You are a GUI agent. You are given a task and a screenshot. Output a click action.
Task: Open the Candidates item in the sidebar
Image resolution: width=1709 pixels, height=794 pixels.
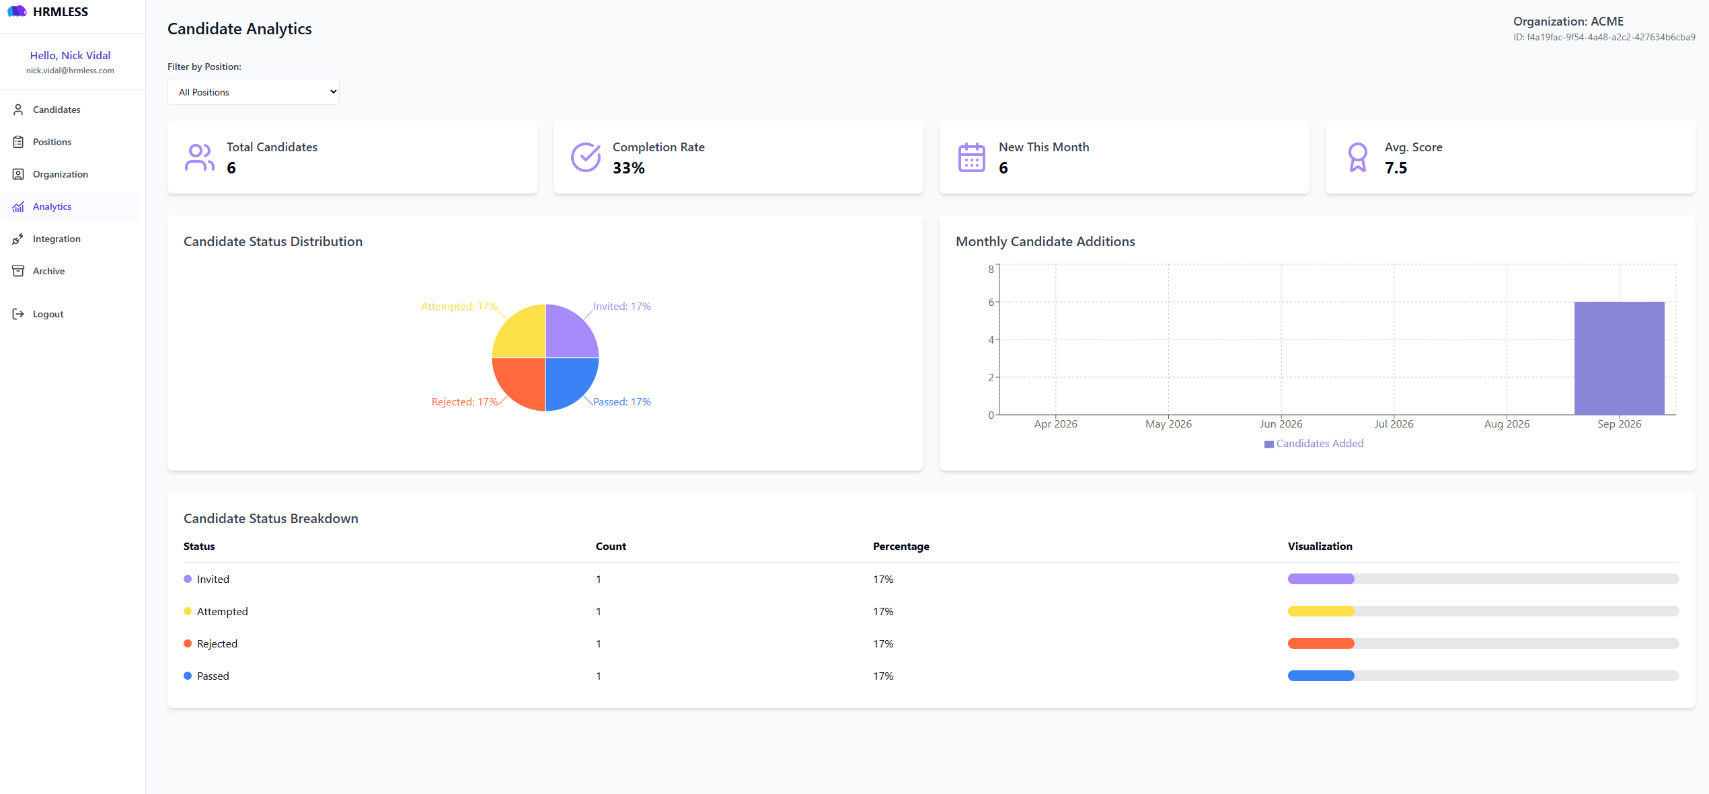[x=56, y=110]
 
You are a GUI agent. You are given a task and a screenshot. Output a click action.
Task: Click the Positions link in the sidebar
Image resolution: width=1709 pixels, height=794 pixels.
[x=52, y=142]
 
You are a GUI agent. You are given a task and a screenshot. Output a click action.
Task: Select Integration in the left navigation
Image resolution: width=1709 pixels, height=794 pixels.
[x=56, y=239]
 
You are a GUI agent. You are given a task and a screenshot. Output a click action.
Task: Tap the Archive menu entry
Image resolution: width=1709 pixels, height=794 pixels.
[x=48, y=271]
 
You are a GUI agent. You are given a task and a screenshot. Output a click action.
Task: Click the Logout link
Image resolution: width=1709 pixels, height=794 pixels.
[x=48, y=314]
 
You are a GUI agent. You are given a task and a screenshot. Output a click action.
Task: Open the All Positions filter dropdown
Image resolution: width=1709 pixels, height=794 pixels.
[x=254, y=92]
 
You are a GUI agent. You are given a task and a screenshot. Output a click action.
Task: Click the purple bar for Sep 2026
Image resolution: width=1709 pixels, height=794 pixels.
[x=1619, y=358]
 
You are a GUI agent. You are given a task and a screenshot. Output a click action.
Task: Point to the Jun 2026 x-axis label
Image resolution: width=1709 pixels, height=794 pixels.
[x=1281, y=424]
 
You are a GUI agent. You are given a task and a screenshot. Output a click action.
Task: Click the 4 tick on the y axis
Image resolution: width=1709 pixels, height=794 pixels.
[x=991, y=340]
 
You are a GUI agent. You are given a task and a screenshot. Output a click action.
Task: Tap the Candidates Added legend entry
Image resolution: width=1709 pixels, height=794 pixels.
[x=1314, y=444]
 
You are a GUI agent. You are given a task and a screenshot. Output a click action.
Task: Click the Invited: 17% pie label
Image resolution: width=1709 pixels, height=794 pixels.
[x=621, y=307]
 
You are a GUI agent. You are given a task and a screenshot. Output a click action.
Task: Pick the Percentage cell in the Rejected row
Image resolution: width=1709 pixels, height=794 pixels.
[x=883, y=644]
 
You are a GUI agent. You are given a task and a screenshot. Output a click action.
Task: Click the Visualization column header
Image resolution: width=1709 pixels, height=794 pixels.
[x=1320, y=547]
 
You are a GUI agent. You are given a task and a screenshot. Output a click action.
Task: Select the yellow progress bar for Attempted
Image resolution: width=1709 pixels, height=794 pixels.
[x=1321, y=611]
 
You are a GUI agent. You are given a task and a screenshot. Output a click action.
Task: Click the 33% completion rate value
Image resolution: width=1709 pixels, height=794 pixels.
[x=628, y=168]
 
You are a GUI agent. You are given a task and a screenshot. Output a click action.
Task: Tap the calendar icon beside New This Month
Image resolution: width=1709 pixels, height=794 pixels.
[x=971, y=157]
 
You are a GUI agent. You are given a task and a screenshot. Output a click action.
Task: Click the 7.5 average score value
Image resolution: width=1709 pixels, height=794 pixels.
[x=1396, y=168]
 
